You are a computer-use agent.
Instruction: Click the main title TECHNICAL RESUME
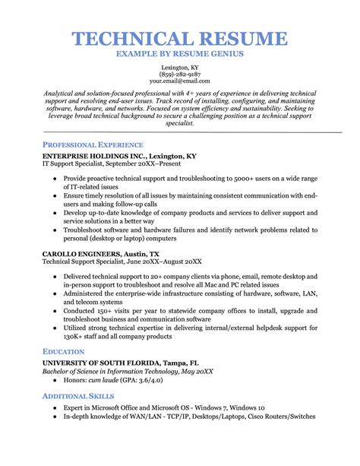click(x=180, y=39)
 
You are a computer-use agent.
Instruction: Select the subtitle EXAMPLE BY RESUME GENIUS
click(x=180, y=55)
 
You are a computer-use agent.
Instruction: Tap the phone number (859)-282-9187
click(x=180, y=74)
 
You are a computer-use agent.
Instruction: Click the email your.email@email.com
click(x=180, y=81)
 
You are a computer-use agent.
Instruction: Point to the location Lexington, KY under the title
click(x=180, y=68)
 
